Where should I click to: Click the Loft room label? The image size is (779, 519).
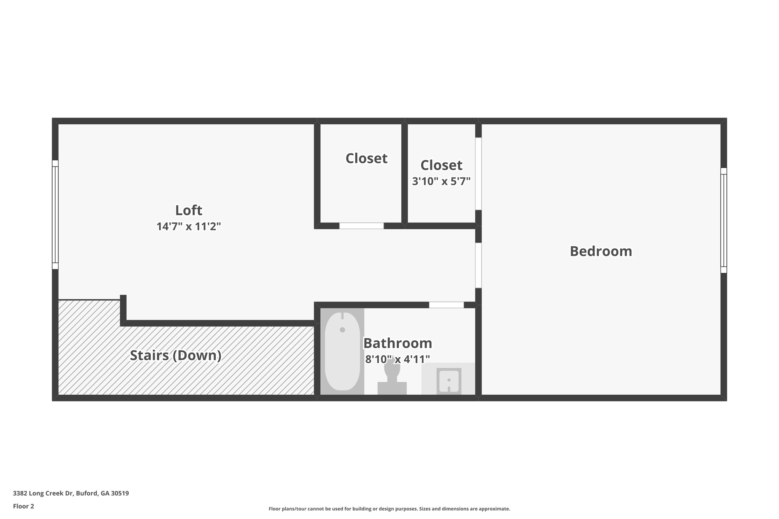pos(188,210)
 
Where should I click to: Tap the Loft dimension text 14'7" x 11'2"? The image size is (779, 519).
pos(188,227)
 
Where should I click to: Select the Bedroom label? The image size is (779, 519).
pos(601,251)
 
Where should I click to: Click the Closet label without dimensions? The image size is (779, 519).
pos(366,158)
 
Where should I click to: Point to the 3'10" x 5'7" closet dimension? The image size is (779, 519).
pos(441,181)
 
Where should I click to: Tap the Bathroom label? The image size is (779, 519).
pos(397,343)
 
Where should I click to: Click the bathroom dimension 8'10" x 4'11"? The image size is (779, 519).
pos(397,359)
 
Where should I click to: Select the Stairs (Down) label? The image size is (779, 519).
pos(175,355)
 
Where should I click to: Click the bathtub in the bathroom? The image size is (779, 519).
pos(342,351)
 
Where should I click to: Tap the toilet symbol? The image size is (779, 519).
pos(392,376)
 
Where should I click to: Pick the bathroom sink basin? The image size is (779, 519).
pos(449,380)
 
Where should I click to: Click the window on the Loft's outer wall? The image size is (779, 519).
pos(55,215)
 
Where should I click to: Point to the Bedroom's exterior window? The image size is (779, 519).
pos(723,221)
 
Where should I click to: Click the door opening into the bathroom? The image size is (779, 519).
pos(446,305)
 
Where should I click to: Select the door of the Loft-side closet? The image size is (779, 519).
pos(361,226)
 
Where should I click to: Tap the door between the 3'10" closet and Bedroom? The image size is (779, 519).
pos(479,173)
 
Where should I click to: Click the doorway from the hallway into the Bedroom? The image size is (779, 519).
pos(479,265)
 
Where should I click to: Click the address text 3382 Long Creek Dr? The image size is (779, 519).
pos(71,493)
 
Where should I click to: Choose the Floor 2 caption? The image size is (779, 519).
pos(24,506)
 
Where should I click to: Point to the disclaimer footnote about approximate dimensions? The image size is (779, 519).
pos(389,509)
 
